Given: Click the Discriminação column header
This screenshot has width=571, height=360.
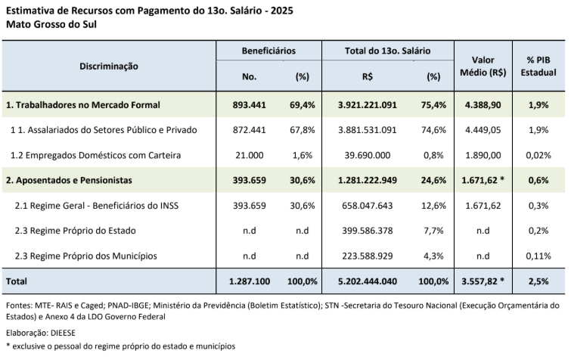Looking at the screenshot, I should point(109,66).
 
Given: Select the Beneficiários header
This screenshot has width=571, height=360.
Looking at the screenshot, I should point(268,50).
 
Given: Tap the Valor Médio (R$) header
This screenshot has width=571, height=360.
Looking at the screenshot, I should point(483,66).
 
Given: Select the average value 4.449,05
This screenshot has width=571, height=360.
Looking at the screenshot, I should point(483,129).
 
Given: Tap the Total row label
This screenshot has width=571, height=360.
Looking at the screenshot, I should point(17,281).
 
